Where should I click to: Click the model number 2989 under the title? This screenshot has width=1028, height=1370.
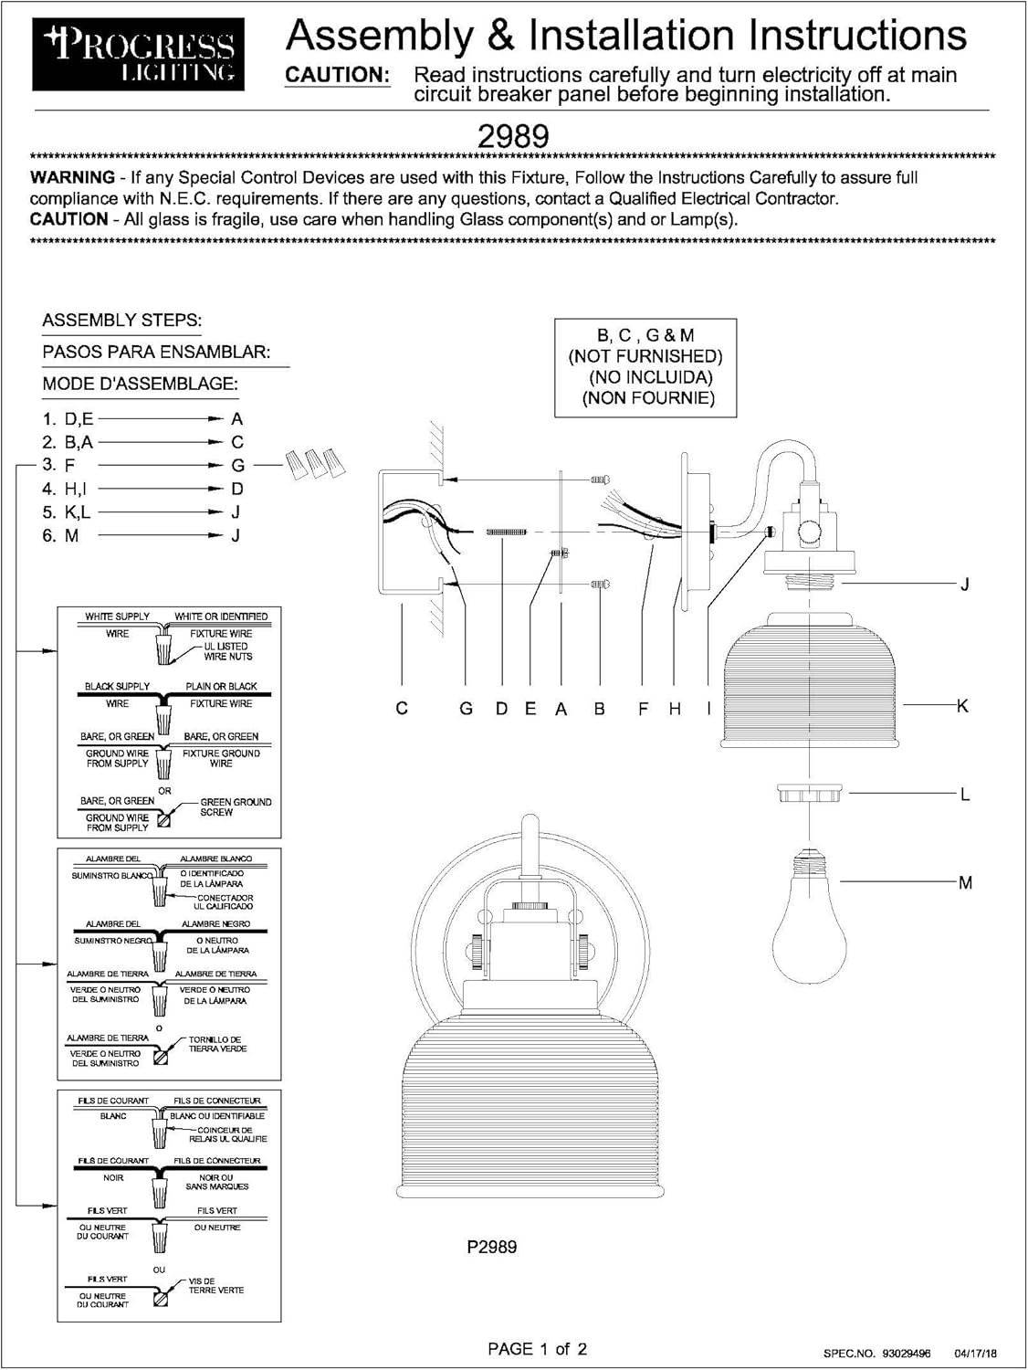pos(513,136)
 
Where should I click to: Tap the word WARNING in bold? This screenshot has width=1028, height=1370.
pos(72,177)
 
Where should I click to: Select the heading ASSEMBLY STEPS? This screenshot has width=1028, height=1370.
pos(121,321)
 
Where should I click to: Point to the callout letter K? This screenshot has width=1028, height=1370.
pos(961,706)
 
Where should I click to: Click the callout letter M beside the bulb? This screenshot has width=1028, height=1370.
pos(965,883)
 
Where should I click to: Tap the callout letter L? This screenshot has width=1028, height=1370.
pos(964,796)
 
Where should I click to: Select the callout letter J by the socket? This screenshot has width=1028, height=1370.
pos(964,585)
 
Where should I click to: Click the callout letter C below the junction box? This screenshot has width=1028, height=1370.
pos(402,709)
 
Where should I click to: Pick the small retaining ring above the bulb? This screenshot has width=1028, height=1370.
pos(809,793)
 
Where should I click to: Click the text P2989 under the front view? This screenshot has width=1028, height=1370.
pos(491,1247)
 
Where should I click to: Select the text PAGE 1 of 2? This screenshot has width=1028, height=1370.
pos(537,1348)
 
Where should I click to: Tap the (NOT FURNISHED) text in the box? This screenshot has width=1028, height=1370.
pos(645,356)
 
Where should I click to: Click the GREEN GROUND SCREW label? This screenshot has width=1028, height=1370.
pos(236,807)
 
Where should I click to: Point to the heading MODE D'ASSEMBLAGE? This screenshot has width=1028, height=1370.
pos(140,385)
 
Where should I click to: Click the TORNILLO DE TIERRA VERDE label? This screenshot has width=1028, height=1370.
pos(217,1044)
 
